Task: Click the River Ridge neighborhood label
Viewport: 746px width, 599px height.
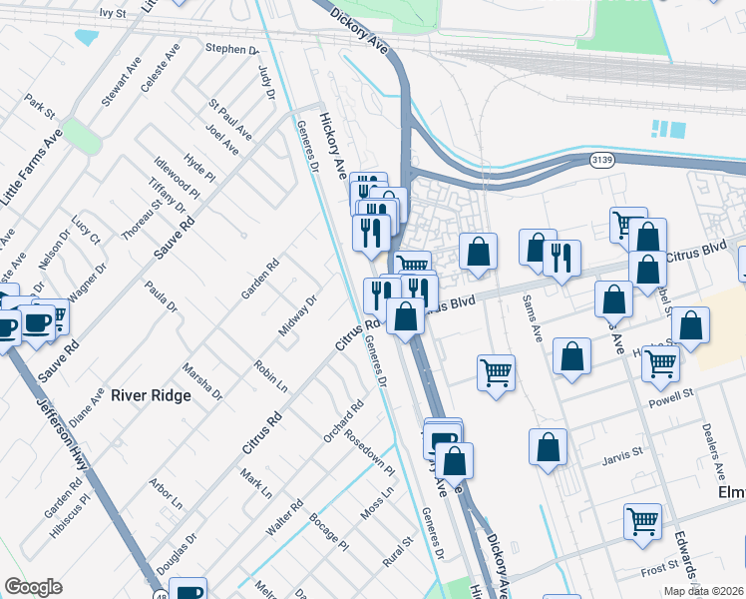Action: [x=151, y=395]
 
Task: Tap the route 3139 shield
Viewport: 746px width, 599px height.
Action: [x=601, y=159]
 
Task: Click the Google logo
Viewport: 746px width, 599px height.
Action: [x=33, y=587]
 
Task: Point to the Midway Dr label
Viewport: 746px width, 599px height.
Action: [x=297, y=316]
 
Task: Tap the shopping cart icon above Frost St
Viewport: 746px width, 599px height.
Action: [x=642, y=520]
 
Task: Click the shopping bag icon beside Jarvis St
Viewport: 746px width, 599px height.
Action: [x=548, y=447]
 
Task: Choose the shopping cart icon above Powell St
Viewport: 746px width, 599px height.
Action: [x=660, y=364]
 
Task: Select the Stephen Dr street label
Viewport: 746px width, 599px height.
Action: [x=231, y=48]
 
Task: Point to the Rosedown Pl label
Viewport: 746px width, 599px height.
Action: [x=370, y=452]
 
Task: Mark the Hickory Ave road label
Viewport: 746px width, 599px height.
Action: [x=333, y=146]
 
